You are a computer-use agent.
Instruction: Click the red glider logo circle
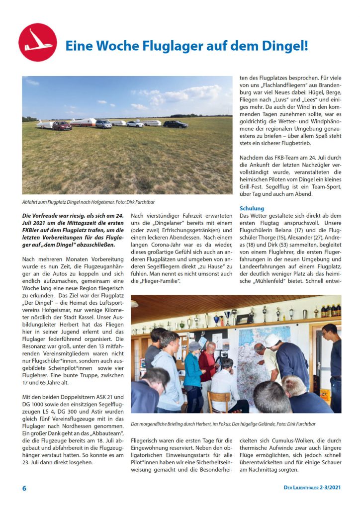[38, 42]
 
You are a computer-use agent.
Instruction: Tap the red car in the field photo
[62, 125]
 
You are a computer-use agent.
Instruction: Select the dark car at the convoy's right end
[176, 124]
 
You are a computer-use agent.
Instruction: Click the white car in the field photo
[135, 124]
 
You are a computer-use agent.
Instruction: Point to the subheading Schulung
[252, 208]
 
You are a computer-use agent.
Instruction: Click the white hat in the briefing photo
[272, 340]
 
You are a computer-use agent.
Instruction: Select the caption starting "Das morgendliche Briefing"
[223, 424]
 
